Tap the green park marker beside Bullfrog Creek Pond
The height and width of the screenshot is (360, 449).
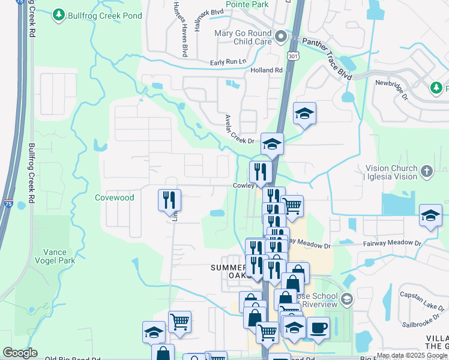(58, 14)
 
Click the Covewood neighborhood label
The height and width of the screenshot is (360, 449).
(114, 197)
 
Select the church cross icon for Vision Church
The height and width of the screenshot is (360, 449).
(426, 171)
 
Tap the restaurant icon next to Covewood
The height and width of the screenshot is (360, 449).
(169, 200)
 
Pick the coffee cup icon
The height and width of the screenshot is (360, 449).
(318, 328)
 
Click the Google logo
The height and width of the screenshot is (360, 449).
(20, 353)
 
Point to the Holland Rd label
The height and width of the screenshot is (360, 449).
(266, 70)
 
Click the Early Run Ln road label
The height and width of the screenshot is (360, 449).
(228, 62)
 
